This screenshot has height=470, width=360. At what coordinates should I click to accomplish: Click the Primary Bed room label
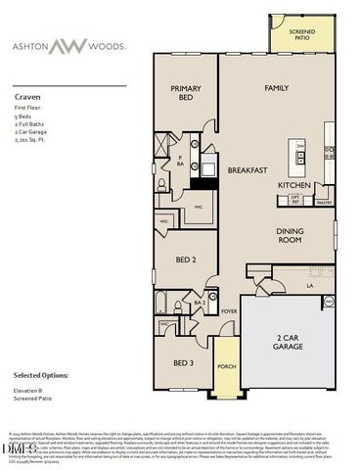coord(185,93)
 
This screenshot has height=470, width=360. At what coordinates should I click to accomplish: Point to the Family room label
coord(277,88)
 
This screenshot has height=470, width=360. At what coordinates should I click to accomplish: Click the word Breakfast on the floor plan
coord(248,169)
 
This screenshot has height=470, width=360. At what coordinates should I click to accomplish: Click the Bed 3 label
coord(184,363)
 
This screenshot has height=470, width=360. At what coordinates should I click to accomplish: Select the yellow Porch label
coord(227,368)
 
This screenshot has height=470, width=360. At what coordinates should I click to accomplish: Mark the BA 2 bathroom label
coord(199,305)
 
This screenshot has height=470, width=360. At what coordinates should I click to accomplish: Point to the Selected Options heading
coord(46,375)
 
